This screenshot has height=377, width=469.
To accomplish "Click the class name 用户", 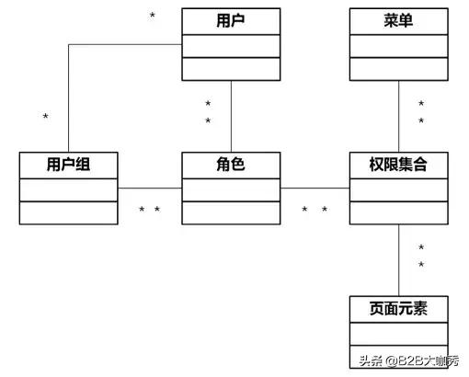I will coord(230,19).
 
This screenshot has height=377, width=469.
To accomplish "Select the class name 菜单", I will coord(398,19).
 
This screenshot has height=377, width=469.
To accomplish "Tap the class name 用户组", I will coord(69,165).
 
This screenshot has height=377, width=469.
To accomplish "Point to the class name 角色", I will coord(230,165).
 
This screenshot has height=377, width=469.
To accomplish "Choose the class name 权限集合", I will coord(398,165).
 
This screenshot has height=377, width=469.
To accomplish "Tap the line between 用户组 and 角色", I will coord(150,188).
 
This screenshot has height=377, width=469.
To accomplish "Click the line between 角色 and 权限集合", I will coord(314,188).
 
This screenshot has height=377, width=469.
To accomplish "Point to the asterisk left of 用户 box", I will coord(152,17).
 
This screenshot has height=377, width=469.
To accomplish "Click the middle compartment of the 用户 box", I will coord(230,45).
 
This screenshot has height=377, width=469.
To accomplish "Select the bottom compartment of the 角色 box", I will coord(230,212).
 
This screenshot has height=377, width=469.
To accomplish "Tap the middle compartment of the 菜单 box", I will coord(398,45).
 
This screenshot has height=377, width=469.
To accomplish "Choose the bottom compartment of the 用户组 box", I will coord(69,212).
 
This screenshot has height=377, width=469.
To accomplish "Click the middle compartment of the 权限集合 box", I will coord(398,188).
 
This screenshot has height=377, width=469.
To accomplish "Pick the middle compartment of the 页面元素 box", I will coord(398,333).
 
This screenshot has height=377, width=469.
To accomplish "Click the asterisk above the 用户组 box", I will coord(45,118).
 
